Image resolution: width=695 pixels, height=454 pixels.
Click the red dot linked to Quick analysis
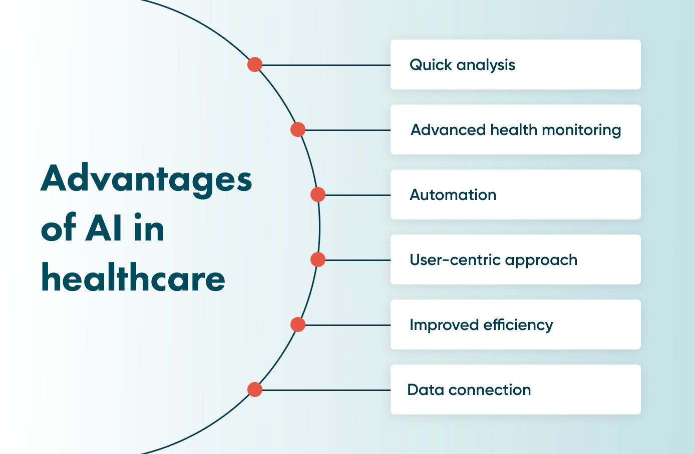pos(255,64)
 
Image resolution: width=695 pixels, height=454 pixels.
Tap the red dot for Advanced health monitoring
pos(298,129)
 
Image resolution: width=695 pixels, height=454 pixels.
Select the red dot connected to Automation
pos(318,194)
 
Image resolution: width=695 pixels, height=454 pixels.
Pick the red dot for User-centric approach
pos(318,259)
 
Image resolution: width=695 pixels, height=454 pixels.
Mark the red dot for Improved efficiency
pos(298,324)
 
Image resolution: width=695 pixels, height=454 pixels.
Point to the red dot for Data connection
pos(255,389)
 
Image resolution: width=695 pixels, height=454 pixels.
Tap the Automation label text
pos(453,195)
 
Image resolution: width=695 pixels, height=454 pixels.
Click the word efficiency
pos(518,325)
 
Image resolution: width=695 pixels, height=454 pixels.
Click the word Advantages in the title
pos(146,179)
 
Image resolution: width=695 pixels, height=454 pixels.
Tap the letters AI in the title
pos(104,228)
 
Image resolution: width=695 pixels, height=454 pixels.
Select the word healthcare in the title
pos(133,277)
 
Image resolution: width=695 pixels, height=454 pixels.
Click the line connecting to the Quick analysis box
pos(325,65)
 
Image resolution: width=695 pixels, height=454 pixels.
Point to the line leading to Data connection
pos(325,390)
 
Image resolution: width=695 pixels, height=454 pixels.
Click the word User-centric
pos(455,260)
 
